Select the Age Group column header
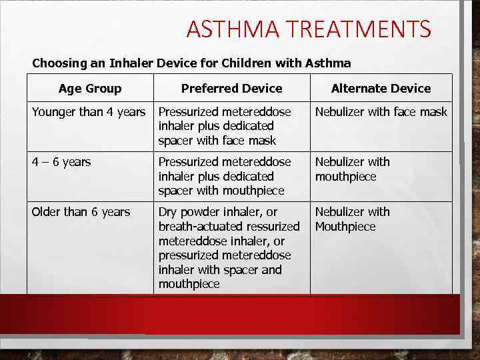point(90,89)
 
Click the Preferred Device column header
point(231,89)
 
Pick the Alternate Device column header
point(381,89)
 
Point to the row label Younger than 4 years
point(89,112)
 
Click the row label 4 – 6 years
point(61,162)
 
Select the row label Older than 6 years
point(81,212)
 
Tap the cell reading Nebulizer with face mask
point(381,112)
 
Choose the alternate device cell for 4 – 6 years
point(352,169)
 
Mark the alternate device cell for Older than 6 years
point(352,219)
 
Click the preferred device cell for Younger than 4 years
point(225,126)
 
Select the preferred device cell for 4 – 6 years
point(225,176)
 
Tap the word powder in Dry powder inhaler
point(202,212)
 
